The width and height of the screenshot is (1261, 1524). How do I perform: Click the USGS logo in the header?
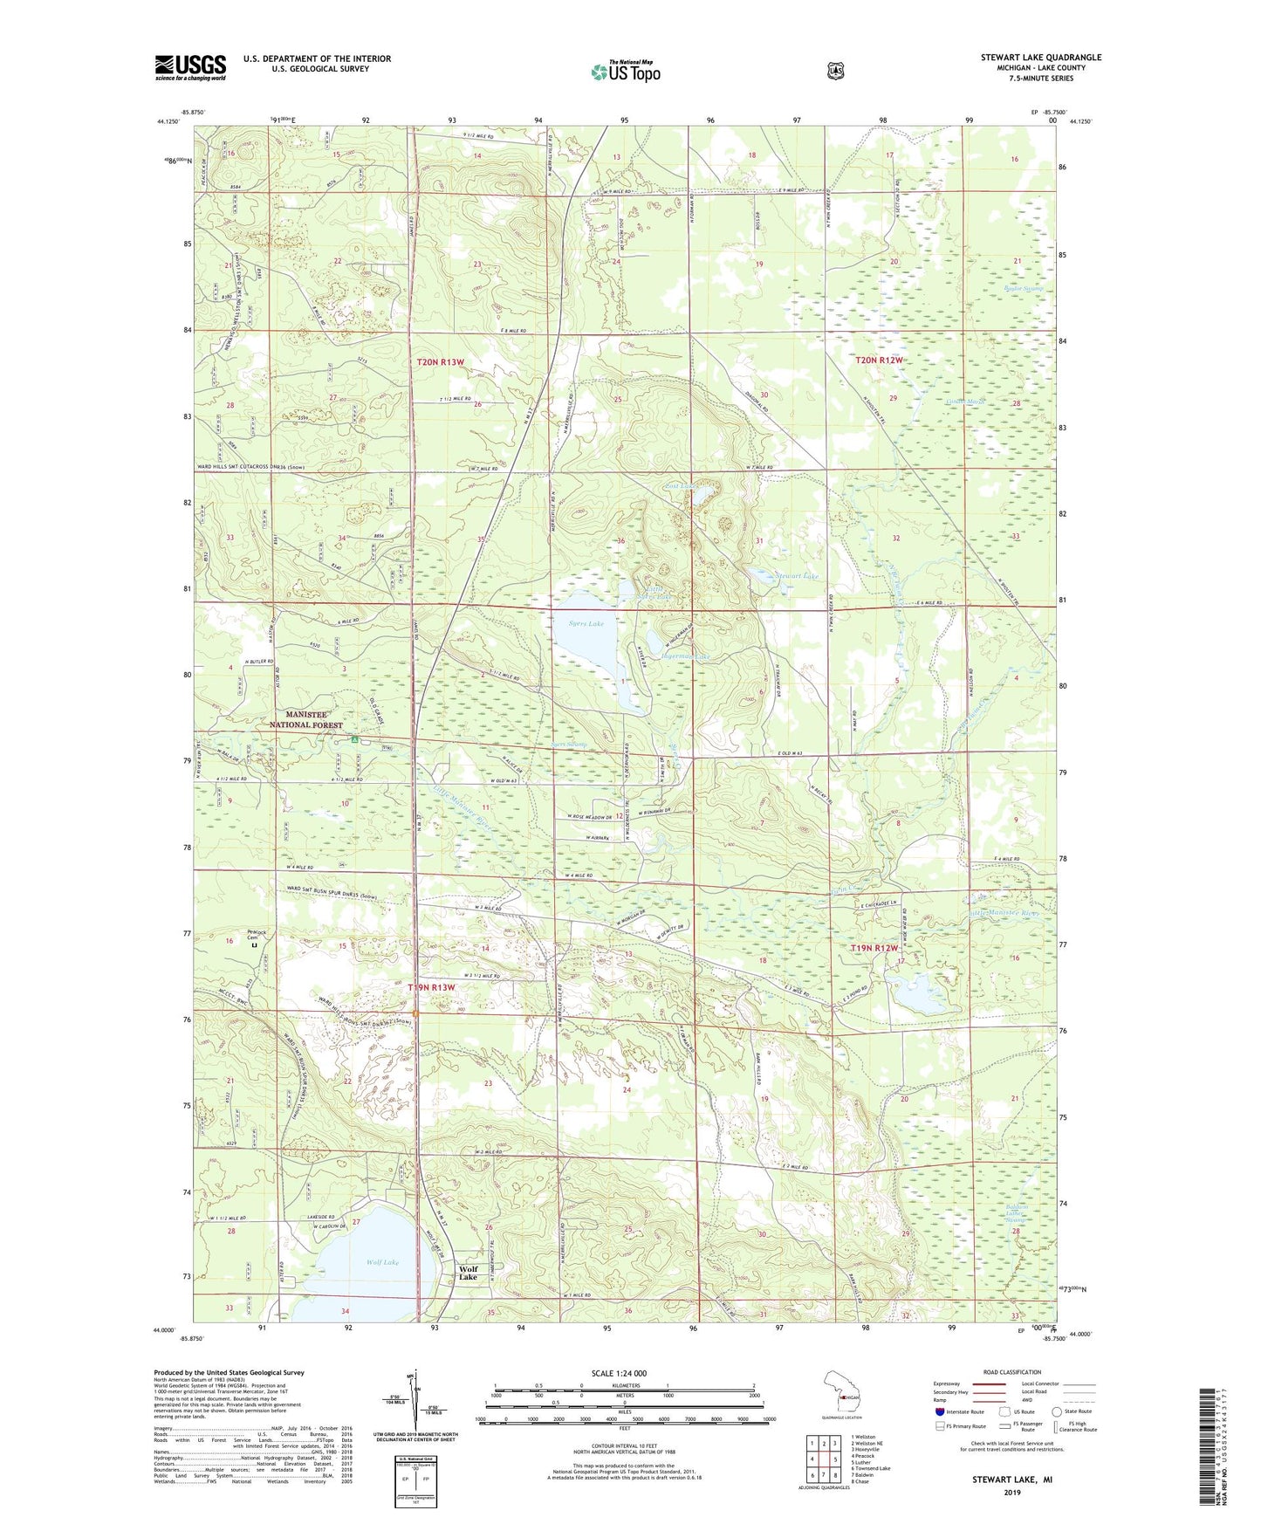pyautogui.click(x=190, y=66)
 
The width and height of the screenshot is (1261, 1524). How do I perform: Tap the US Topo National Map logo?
pyautogui.click(x=624, y=71)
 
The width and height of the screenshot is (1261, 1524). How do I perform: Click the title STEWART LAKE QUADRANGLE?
pyautogui.click(x=1040, y=58)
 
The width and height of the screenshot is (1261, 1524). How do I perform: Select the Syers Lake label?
pyautogui.click(x=586, y=623)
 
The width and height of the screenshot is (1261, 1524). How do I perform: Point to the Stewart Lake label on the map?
pyautogui.click(x=797, y=577)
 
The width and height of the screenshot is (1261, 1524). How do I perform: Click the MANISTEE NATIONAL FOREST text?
pyautogui.click(x=305, y=719)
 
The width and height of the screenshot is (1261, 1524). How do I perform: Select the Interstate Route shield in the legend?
pyautogui.click(x=939, y=1411)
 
